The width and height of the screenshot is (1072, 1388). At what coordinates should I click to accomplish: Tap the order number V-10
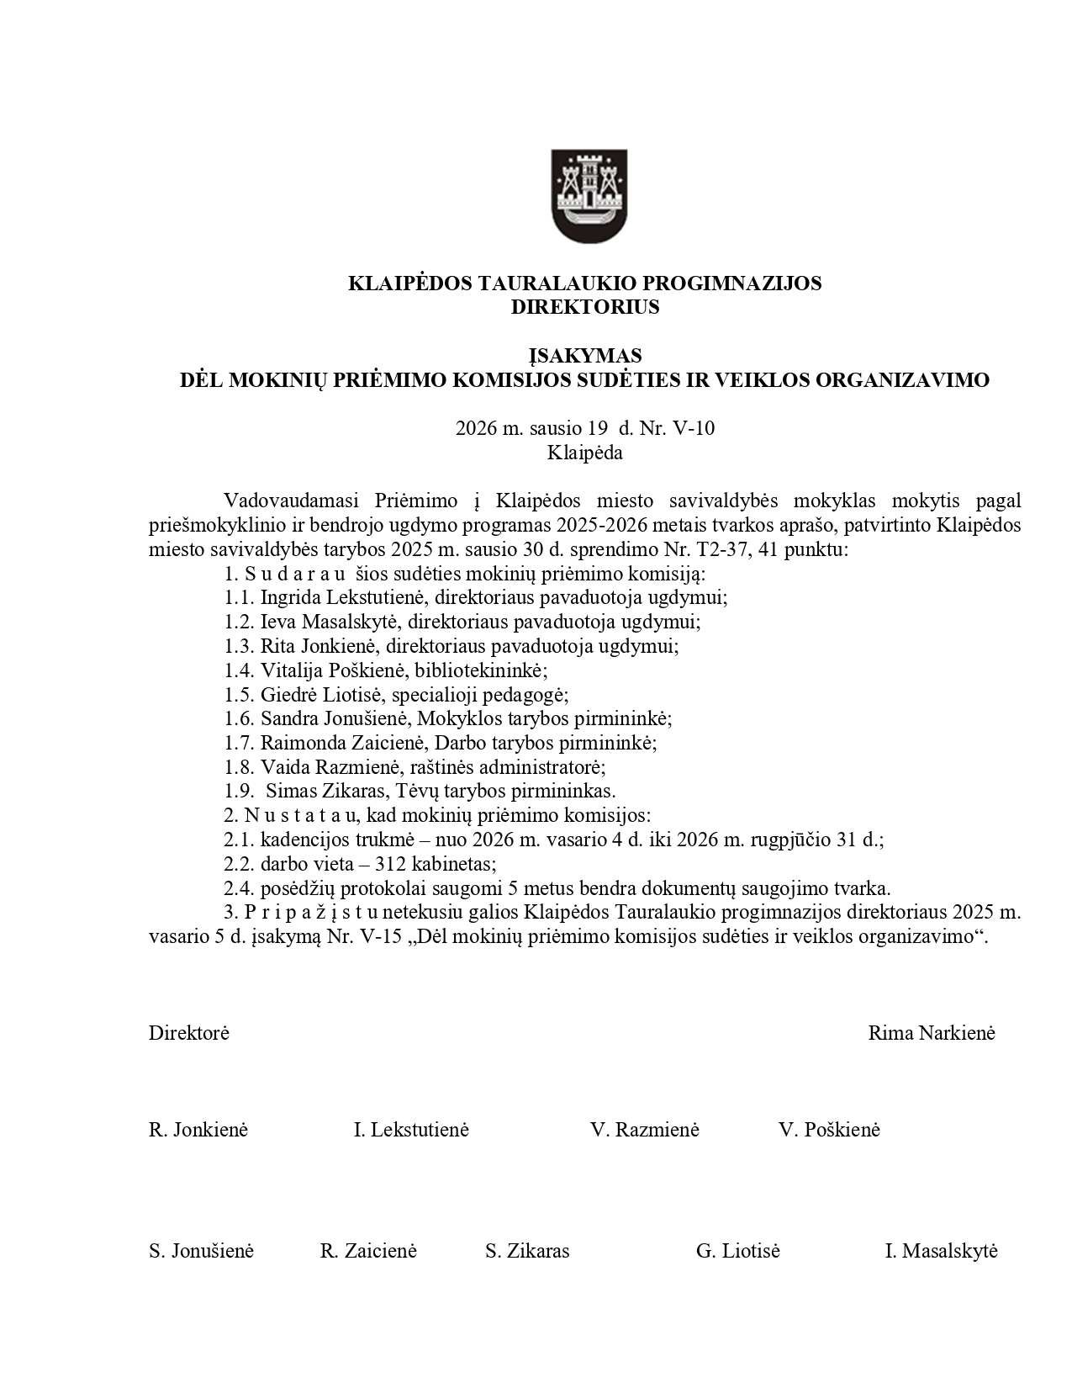coord(694,428)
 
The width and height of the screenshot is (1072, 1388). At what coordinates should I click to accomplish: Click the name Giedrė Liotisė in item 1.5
coord(322,695)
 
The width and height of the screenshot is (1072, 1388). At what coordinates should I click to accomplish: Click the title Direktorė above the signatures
coord(189,1033)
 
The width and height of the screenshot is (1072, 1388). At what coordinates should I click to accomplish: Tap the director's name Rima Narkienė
coord(931,1033)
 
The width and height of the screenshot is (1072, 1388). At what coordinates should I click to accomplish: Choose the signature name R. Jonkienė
coord(198,1130)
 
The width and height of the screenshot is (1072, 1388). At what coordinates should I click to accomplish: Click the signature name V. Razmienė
coord(644,1130)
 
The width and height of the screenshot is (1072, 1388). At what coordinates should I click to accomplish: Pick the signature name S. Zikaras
coord(527,1251)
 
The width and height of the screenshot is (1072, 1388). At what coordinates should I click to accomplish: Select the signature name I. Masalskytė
coord(941,1251)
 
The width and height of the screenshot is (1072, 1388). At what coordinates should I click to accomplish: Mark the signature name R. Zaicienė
coord(368,1251)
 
